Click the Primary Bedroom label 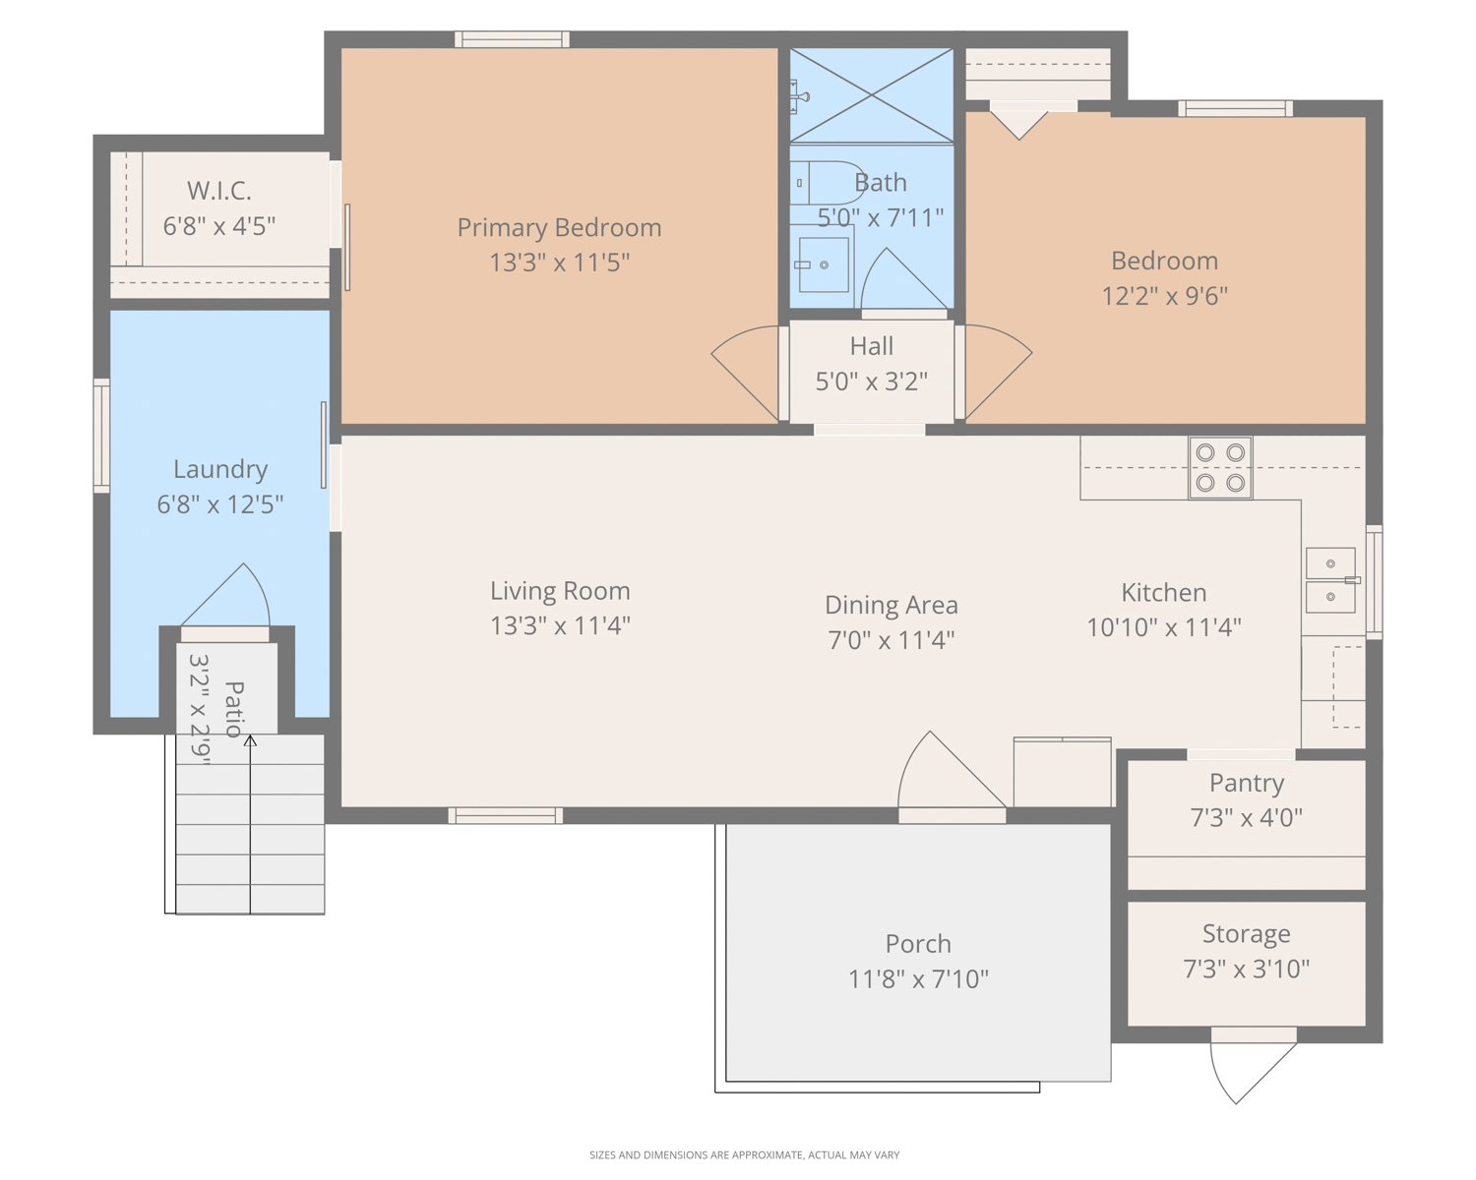pyautogui.click(x=559, y=227)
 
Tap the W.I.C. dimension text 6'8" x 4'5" pyautogui.click(x=218, y=225)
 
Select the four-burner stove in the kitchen pyautogui.click(x=1220, y=468)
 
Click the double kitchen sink pyautogui.click(x=1330, y=580)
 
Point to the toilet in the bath pyautogui.click(x=827, y=183)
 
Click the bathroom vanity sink pyautogui.click(x=823, y=265)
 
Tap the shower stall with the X pyautogui.click(x=871, y=95)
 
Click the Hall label pyautogui.click(x=871, y=346)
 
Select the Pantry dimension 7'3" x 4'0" pyautogui.click(x=1246, y=817)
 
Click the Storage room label pyautogui.click(x=1246, y=934)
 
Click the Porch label pyautogui.click(x=918, y=944)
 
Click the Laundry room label pyautogui.click(x=220, y=470)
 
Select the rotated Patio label pyautogui.click(x=234, y=709)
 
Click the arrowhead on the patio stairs pyautogui.click(x=250, y=740)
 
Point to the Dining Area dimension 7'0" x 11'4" pyautogui.click(x=891, y=640)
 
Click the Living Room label pyautogui.click(x=560, y=591)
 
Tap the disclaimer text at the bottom pyautogui.click(x=744, y=1154)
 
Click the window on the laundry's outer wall pyautogui.click(x=101, y=436)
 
